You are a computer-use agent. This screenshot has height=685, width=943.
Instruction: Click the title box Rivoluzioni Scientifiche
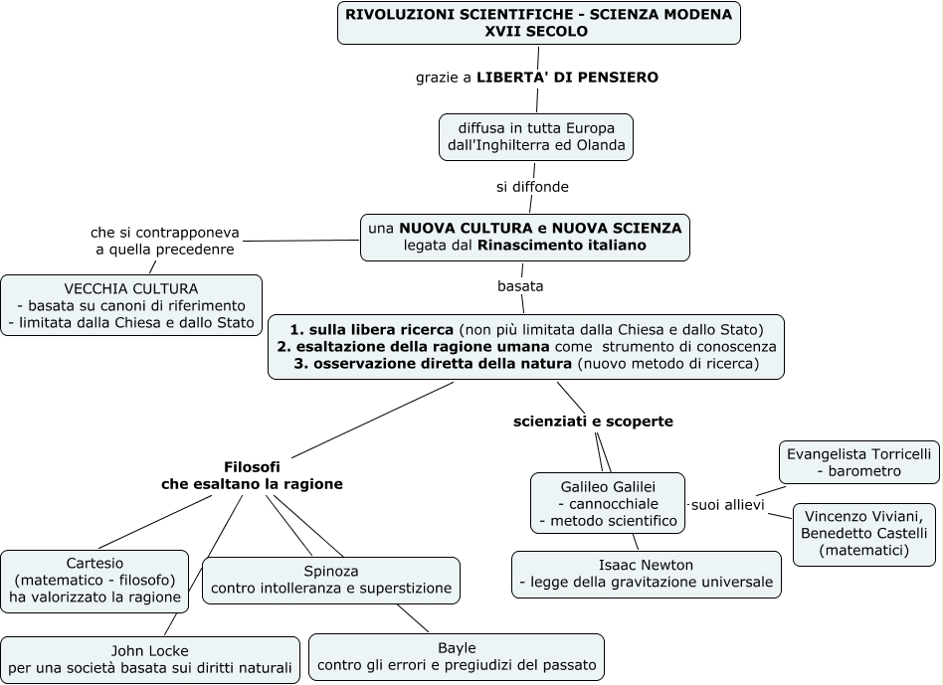point(538,23)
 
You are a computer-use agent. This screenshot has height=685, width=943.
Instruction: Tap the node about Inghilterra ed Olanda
point(536,137)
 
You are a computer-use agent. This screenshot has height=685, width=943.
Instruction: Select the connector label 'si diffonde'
point(532,186)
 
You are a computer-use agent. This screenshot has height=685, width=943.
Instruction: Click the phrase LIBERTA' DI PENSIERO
point(567,77)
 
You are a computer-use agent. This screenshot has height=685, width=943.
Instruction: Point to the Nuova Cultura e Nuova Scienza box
point(524,237)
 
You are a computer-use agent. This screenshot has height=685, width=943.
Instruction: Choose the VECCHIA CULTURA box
point(131,305)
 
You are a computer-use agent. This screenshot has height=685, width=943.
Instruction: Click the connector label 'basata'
point(520,286)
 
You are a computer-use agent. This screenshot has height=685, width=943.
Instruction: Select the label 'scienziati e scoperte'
point(593,422)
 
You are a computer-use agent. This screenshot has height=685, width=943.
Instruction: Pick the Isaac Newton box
point(647,574)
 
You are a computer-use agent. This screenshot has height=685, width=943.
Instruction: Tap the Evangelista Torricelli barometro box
point(858,461)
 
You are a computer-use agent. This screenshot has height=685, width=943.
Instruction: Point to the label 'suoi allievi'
point(727,505)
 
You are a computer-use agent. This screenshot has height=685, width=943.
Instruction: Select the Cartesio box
point(94,580)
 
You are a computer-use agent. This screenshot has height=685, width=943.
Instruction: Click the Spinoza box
point(331,580)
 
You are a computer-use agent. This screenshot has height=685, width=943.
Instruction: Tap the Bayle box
point(457,656)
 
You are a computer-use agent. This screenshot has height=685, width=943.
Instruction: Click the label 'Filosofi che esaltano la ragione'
point(252,475)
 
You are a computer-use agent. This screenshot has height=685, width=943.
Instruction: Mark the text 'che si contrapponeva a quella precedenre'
point(165,241)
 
